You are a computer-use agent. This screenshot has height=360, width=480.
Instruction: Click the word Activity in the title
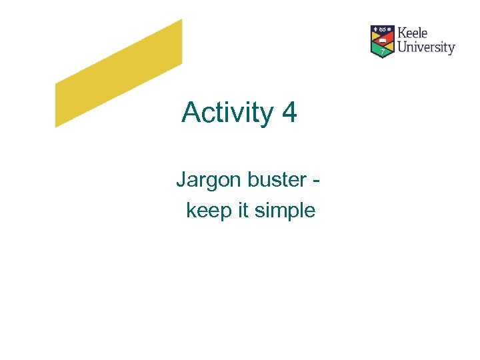click(x=227, y=113)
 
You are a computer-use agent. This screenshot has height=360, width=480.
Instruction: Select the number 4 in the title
click(x=289, y=112)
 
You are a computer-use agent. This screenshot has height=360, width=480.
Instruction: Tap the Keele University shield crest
click(x=382, y=41)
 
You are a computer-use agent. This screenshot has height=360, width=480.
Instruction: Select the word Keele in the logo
click(x=413, y=33)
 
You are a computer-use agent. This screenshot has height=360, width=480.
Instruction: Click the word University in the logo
click(x=426, y=47)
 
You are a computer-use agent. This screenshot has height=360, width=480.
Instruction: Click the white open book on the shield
click(x=382, y=40)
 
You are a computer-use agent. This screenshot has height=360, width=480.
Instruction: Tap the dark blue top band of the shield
click(x=382, y=30)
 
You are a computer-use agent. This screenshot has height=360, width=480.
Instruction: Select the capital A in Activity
click(x=191, y=112)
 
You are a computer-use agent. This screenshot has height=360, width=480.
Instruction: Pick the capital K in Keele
click(x=402, y=33)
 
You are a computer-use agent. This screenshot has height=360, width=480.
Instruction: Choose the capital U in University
click(x=403, y=47)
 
